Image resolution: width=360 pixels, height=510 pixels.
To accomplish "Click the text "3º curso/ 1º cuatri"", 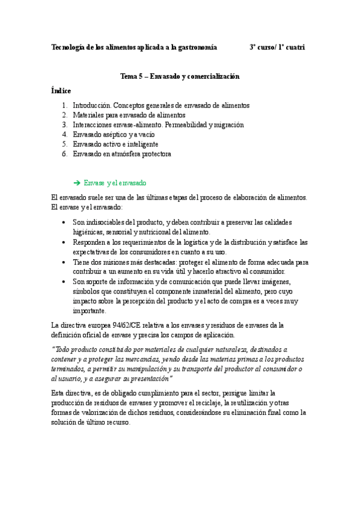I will pyautogui.click(x=278, y=47).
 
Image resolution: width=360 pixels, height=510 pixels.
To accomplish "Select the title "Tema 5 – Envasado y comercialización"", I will pyautogui.click(x=180, y=77).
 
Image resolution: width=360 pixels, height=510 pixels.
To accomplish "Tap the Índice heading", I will pyautogui.click(x=61, y=91).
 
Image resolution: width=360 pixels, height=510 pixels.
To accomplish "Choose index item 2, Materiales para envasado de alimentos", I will pyautogui.click(x=129, y=115).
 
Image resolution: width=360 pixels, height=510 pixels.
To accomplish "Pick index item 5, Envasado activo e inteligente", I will pyautogui.click(x=115, y=144).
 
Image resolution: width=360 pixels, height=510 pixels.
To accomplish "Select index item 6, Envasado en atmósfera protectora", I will pyautogui.click(x=122, y=154).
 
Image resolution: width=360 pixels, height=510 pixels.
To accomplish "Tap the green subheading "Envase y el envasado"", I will pyautogui.click(x=115, y=183).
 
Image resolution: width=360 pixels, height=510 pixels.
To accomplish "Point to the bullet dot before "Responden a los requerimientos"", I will pyautogui.click(x=64, y=242).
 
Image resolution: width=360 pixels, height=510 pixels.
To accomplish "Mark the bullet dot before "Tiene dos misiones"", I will pyautogui.click(x=64, y=262).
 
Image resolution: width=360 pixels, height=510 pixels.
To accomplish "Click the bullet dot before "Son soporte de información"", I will pyautogui.click(x=64, y=281).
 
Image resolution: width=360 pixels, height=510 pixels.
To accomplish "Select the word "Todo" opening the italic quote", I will pyautogui.click(x=63, y=349).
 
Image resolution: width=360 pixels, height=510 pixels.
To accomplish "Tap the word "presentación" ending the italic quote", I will pyautogui.click(x=149, y=378).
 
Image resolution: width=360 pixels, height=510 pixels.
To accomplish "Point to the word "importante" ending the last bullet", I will pyautogui.click(x=89, y=311).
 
